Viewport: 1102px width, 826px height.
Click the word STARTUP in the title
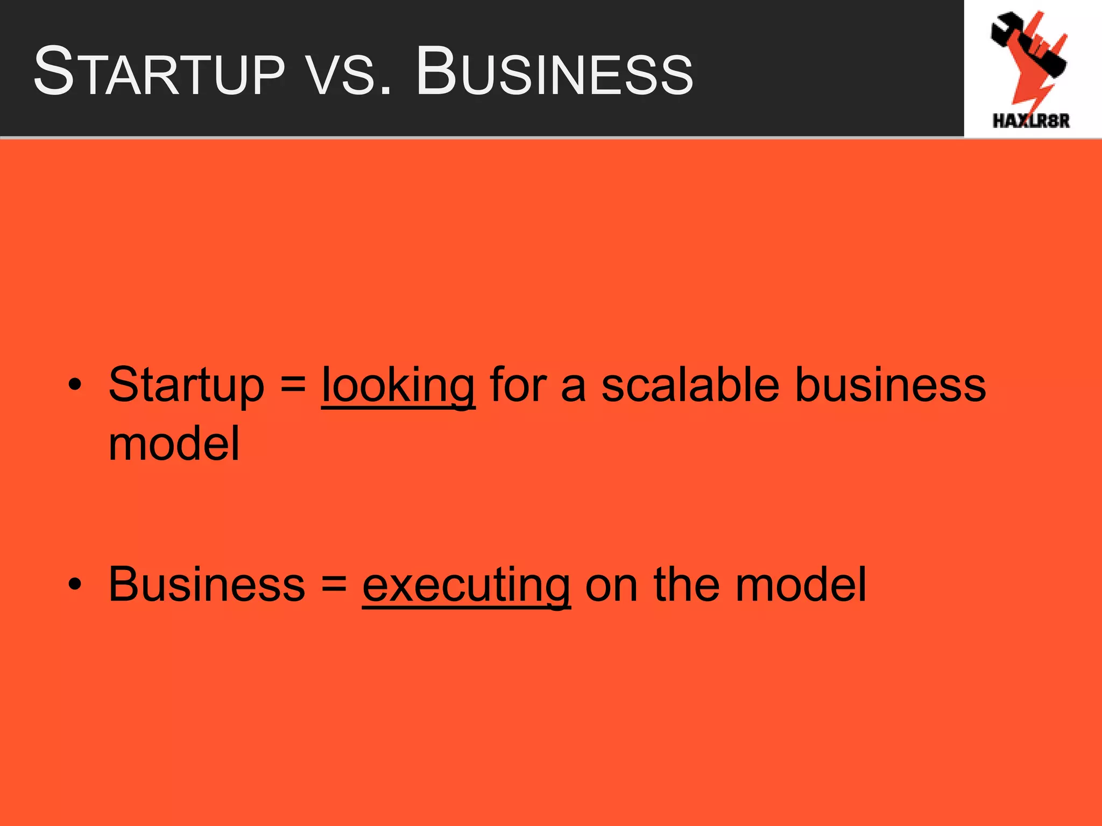pyautogui.click(x=159, y=72)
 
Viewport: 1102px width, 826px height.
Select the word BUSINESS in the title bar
pyautogui.click(x=554, y=72)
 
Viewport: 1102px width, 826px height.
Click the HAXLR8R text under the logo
pyautogui.click(x=1031, y=121)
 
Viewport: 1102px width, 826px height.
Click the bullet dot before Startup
pyautogui.click(x=75, y=385)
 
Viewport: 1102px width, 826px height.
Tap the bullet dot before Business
pyautogui.click(x=75, y=585)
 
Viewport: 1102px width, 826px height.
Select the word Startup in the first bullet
pyautogui.click(x=186, y=385)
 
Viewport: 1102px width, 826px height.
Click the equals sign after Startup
pyautogui.click(x=293, y=385)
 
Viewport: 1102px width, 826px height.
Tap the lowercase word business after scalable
pyautogui.click(x=891, y=385)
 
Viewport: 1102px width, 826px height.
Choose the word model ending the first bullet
pyautogui.click(x=174, y=444)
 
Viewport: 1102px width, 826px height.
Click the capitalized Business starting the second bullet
pyautogui.click(x=207, y=585)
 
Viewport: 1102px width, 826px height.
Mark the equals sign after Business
pyautogui.click(x=334, y=585)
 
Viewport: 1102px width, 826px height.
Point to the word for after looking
pyautogui.click(x=518, y=385)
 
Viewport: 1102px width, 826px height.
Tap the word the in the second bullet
pyautogui.click(x=686, y=585)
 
